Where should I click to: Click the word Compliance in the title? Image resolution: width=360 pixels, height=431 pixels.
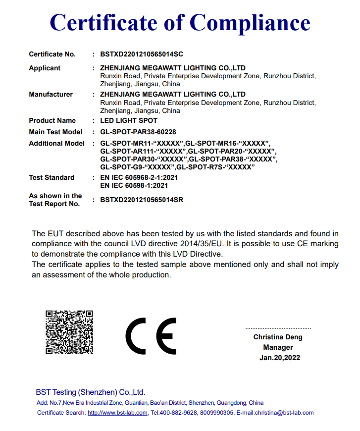pos(250,23)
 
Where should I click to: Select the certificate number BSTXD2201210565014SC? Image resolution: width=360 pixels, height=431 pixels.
pos(142,54)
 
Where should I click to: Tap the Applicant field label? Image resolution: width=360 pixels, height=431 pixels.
pos(45,68)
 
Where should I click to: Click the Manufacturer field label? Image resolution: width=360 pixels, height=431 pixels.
pos(51,94)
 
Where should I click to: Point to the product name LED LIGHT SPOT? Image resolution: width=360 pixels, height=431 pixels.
pos(129,120)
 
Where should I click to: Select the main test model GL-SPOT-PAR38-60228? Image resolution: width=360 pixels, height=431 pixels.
pos(138,132)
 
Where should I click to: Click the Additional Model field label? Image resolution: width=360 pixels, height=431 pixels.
pos(56,143)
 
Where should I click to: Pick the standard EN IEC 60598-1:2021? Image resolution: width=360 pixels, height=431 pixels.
pos(134,185)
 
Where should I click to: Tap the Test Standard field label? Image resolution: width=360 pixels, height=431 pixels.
pos(51,177)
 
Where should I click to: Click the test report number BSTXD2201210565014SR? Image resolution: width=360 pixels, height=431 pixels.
pos(142,200)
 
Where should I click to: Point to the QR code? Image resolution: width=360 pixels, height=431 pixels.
pos(69,332)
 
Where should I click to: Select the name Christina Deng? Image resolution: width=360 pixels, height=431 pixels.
pos(278,337)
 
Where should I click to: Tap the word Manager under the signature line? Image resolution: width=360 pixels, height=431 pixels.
pos(278,347)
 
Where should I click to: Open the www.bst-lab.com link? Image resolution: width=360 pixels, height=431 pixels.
pos(117,413)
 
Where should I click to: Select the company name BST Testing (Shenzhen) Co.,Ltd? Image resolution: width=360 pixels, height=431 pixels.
pos(90,392)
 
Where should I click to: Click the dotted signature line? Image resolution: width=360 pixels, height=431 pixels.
pos(278,328)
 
